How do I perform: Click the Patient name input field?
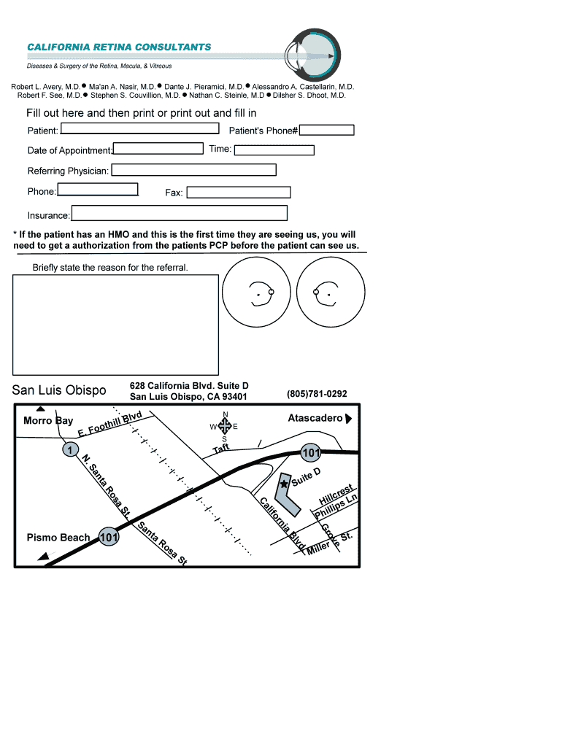pos(140,129)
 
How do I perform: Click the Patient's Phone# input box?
pos(327,131)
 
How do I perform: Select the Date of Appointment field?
pos(158,149)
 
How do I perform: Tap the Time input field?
pos(274,150)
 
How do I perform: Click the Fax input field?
pos(239,193)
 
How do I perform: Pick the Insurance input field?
pos(179,213)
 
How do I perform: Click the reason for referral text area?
pos(115,325)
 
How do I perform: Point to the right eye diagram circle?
pos(329,294)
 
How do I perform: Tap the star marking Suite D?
pos(284,484)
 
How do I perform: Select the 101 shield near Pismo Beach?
pos(109,538)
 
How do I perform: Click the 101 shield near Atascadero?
pos(311,453)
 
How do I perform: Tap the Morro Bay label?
pos(48,421)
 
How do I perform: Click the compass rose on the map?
pos(225,426)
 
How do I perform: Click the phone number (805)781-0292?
pos(317,394)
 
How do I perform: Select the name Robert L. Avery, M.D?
pos(45,87)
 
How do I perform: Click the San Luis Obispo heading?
pos(59,391)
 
